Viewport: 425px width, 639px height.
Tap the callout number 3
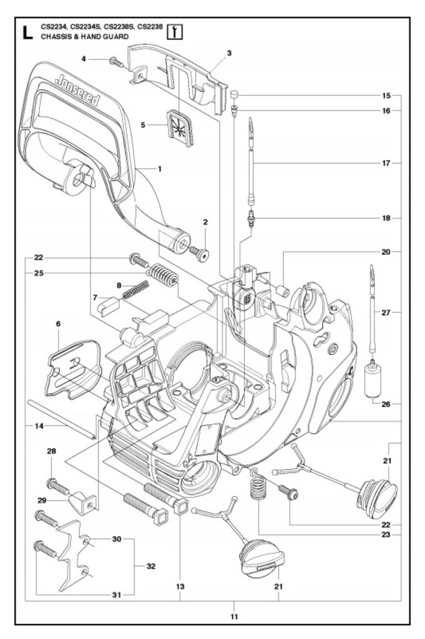(229, 54)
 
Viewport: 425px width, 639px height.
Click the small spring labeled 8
(135, 291)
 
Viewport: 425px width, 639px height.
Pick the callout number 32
(151, 567)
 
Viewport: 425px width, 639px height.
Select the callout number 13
(180, 586)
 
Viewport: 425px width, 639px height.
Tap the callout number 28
(51, 451)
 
